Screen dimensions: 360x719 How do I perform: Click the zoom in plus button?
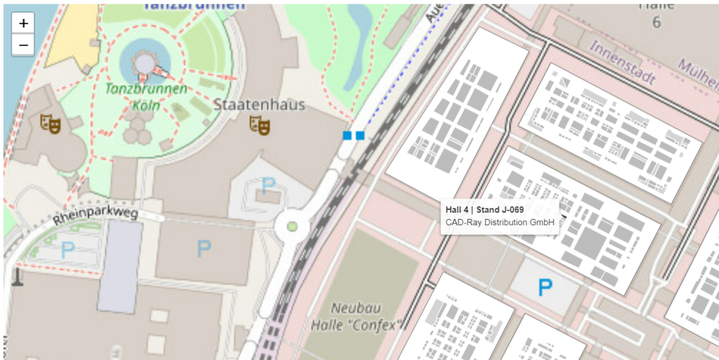23,23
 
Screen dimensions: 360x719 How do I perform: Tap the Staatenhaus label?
259,105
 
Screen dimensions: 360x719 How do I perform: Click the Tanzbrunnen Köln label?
147,98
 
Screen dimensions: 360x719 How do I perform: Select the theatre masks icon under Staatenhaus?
260,126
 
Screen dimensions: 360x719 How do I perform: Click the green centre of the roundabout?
292,227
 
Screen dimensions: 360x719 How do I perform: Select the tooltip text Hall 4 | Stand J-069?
484,210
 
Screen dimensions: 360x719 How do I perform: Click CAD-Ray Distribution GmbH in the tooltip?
500,222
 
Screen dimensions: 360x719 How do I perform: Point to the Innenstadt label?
622,62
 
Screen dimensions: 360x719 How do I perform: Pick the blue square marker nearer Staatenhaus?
347,135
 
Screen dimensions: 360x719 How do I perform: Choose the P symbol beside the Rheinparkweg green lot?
67,249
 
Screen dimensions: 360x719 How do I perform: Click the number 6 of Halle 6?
657,22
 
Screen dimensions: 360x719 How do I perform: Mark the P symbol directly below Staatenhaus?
268,186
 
